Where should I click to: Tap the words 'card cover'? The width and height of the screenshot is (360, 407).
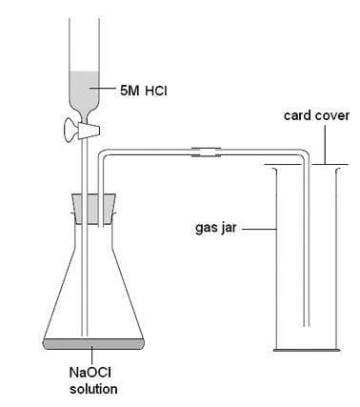click(x=316, y=115)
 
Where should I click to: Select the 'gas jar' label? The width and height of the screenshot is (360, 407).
click(x=216, y=229)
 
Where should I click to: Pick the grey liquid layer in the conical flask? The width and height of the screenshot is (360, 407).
click(x=92, y=340)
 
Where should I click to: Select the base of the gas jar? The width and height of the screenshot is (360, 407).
click(x=306, y=347)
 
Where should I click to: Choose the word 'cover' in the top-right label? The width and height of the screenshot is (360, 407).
click(x=331, y=115)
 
